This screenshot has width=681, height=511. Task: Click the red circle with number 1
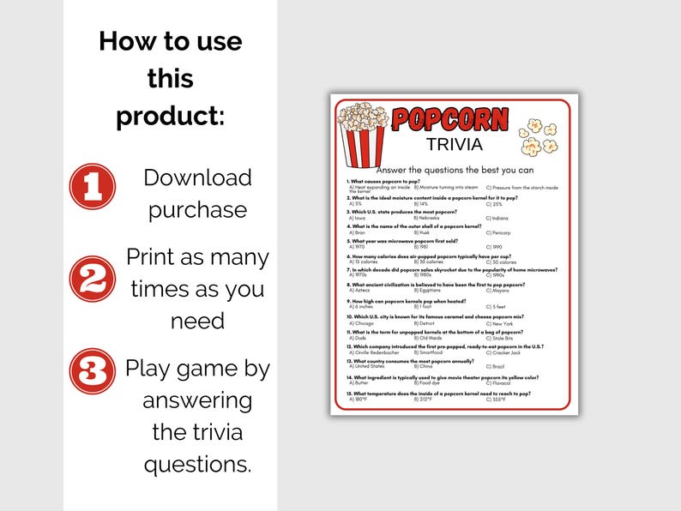click(x=92, y=186)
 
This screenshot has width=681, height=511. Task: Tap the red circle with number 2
click(x=92, y=278)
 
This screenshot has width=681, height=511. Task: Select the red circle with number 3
click(x=92, y=370)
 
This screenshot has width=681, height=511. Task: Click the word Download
click(x=197, y=177)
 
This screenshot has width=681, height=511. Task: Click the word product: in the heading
click(x=170, y=116)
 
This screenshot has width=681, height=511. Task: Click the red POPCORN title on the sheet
click(x=449, y=120)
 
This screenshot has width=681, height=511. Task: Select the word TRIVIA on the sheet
click(x=454, y=144)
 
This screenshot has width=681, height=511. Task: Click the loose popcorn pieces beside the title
click(x=539, y=136)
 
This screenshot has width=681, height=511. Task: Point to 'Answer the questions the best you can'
click(x=454, y=169)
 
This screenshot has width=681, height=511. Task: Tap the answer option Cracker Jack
click(x=504, y=352)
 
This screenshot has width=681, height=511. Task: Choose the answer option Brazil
click(x=495, y=367)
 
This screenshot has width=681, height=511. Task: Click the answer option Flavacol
click(x=498, y=382)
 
